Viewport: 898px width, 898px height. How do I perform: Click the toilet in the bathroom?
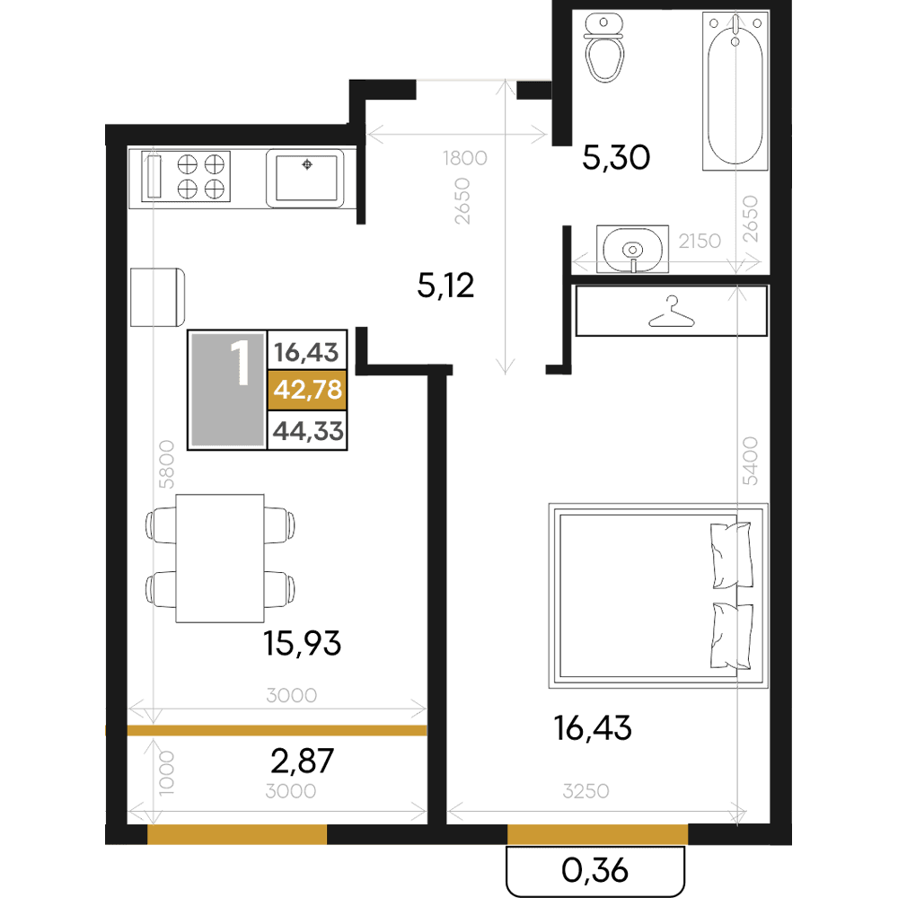coord(603,48)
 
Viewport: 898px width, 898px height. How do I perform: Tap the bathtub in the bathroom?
coord(735,91)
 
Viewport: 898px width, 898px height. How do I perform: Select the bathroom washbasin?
coord(632,249)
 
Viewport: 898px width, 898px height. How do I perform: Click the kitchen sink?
coord(306,178)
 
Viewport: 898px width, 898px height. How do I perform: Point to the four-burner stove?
coord(186,176)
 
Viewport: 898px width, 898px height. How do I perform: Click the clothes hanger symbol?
coord(671,312)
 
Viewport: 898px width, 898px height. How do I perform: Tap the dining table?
coord(220,559)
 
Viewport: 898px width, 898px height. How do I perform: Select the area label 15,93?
coord(302,643)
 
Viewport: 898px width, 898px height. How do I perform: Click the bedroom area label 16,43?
coord(592,728)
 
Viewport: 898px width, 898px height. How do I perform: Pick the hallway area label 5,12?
coord(445,286)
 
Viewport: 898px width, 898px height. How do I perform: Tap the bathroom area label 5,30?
coord(616,157)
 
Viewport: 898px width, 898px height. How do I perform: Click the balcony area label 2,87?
coord(302,762)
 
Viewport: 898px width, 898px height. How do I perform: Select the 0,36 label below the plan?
coord(595,870)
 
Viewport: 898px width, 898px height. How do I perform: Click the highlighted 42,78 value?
coord(307,390)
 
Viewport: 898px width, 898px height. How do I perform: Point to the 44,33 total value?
coord(308,431)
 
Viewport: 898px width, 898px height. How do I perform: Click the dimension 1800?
coord(464,158)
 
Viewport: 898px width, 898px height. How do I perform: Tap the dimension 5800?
coord(166,464)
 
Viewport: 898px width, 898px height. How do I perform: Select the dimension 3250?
coord(585,791)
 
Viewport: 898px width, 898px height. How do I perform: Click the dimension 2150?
coord(700,241)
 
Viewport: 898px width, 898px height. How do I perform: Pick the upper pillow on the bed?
coord(731,555)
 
